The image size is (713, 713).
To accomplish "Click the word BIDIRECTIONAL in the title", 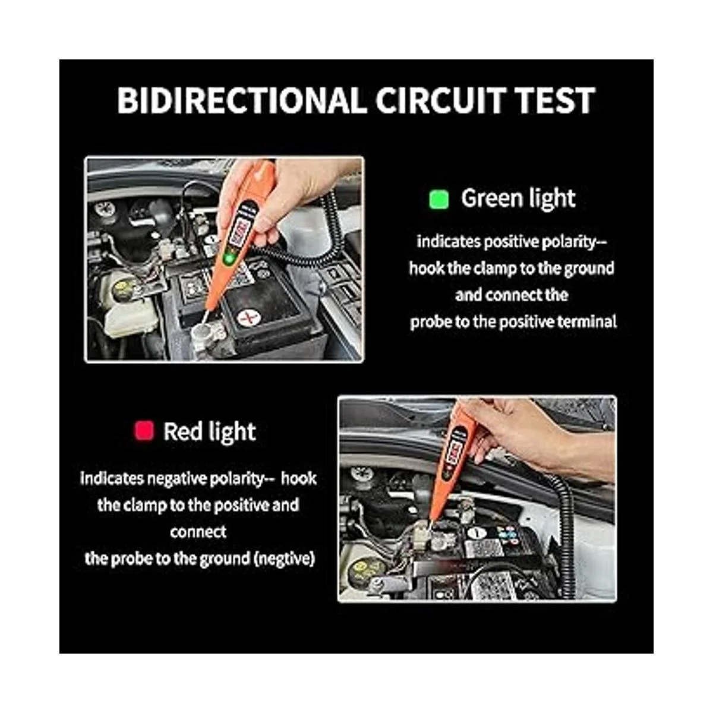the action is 239,100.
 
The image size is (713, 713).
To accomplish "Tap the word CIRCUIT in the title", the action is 438,100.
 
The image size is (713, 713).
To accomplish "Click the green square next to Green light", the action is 439,200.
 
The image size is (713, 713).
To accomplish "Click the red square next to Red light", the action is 144,431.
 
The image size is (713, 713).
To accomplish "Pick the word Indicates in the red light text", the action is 112,479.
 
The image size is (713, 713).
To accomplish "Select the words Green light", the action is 518,198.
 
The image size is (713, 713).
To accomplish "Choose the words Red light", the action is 209,431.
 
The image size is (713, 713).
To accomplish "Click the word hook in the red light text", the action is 299,479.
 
